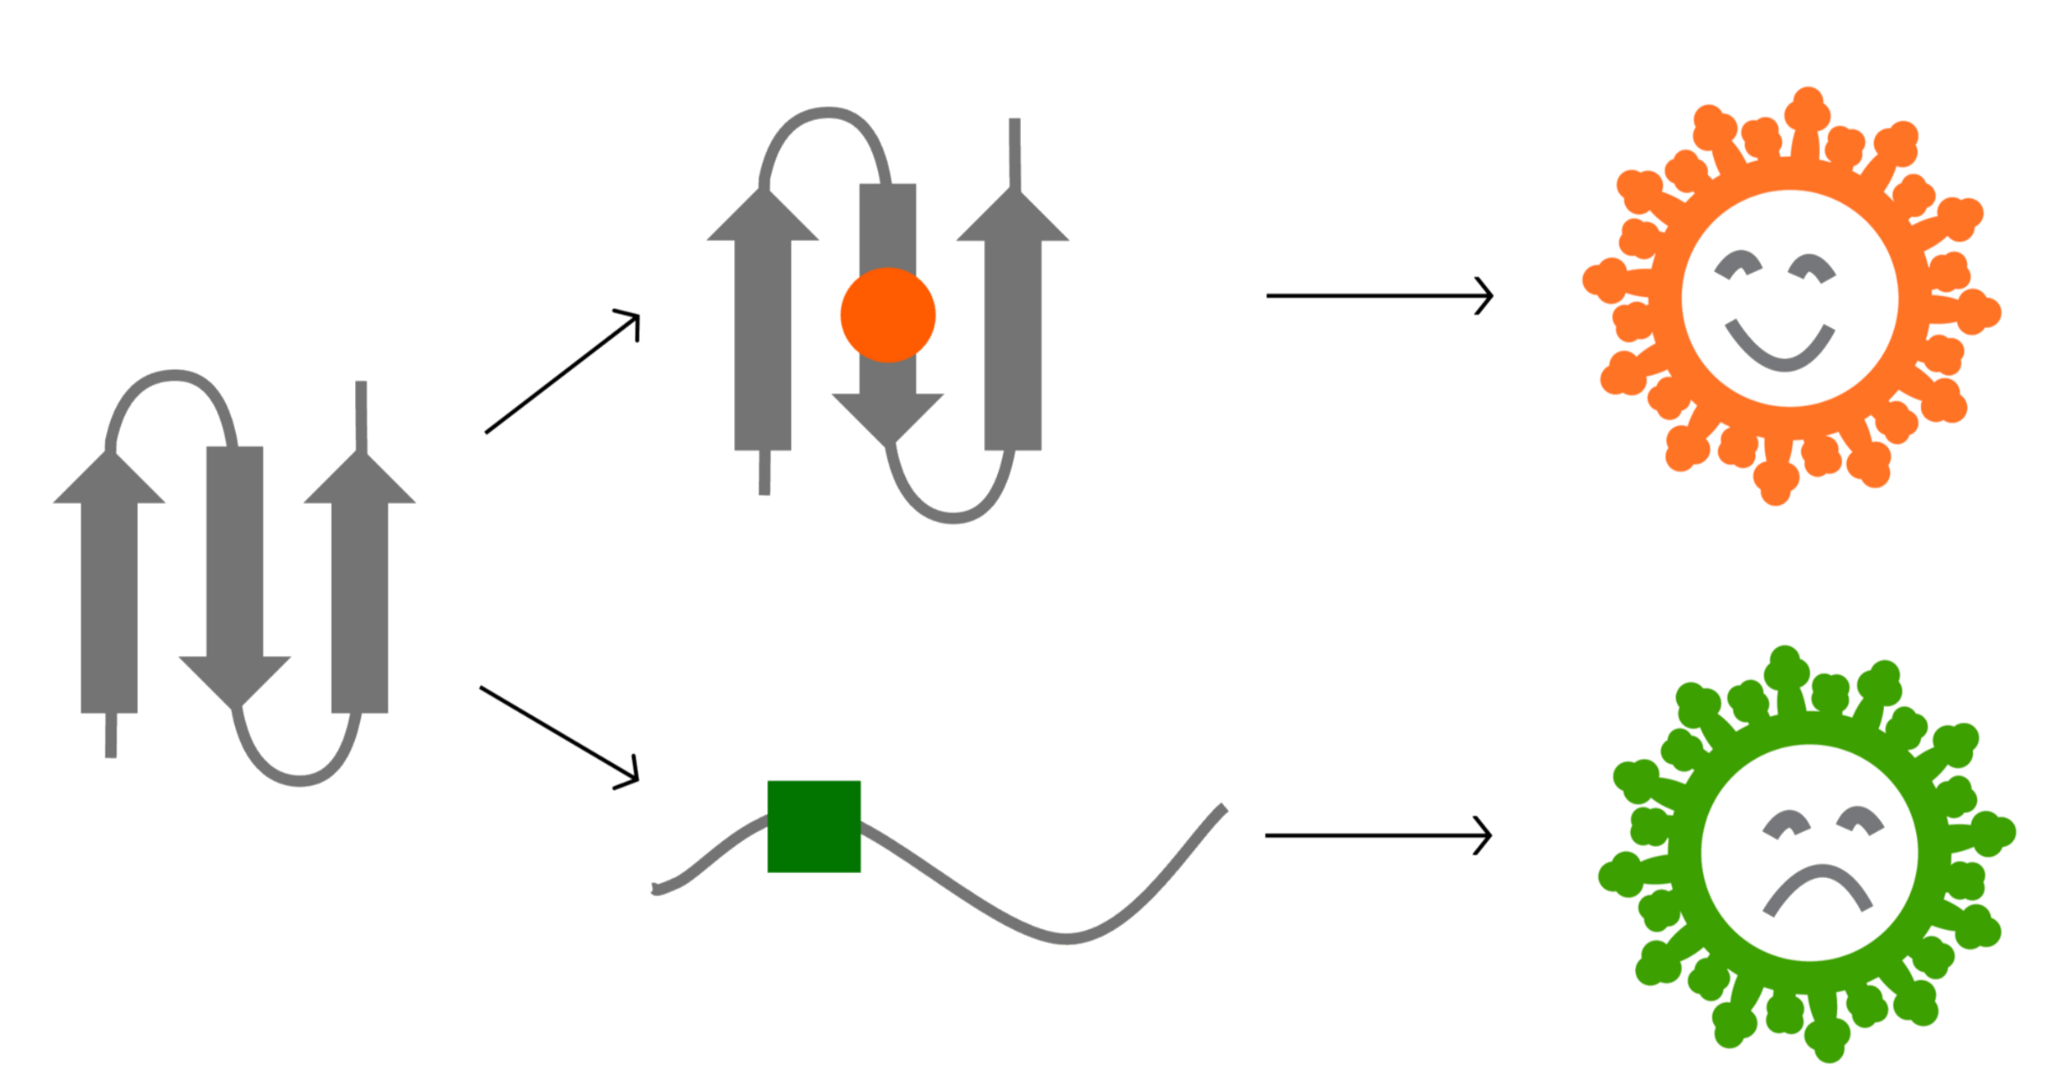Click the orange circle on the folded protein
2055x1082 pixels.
point(888,315)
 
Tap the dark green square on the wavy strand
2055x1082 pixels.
point(814,826)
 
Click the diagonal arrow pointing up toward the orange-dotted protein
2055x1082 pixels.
point(562,372)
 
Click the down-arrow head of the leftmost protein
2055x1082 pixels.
point(235,682)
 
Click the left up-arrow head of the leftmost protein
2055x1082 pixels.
point(109,480)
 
